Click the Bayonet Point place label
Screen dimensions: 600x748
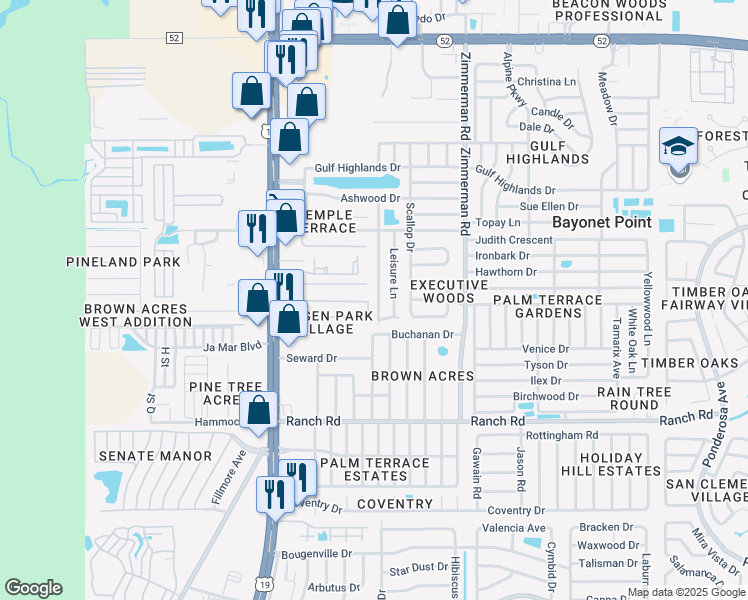[x=604, y=222]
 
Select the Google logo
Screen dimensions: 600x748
[x=33, y=588]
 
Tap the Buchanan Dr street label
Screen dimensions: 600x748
[x=422, y=335]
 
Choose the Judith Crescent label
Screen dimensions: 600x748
[x=514, y=240]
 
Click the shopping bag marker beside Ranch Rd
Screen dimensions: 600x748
[x=259, y=411]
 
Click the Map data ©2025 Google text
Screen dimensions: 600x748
[x=685, y=592]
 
